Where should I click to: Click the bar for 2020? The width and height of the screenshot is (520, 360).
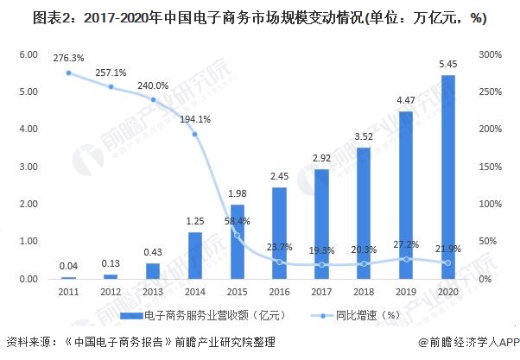point(447,177)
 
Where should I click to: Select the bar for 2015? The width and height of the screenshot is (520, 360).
point(237,242)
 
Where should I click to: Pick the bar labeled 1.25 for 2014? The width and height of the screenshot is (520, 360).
point(195,256)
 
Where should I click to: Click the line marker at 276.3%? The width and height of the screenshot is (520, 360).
point(68,73)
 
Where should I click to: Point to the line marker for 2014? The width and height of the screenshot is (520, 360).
point(195,134)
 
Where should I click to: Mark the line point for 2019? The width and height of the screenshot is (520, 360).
point(405,258)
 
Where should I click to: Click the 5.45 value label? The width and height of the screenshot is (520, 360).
point(447,64)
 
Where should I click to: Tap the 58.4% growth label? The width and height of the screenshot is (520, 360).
point(237,221)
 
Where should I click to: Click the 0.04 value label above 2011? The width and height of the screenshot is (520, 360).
point(68,266)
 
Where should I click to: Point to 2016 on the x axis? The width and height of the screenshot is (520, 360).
point(279,293)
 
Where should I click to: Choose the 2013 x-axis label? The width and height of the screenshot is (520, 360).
point(152,293)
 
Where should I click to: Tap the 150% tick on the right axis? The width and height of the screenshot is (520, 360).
point(491,167)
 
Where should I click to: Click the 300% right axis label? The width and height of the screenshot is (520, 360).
point(491,54)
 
